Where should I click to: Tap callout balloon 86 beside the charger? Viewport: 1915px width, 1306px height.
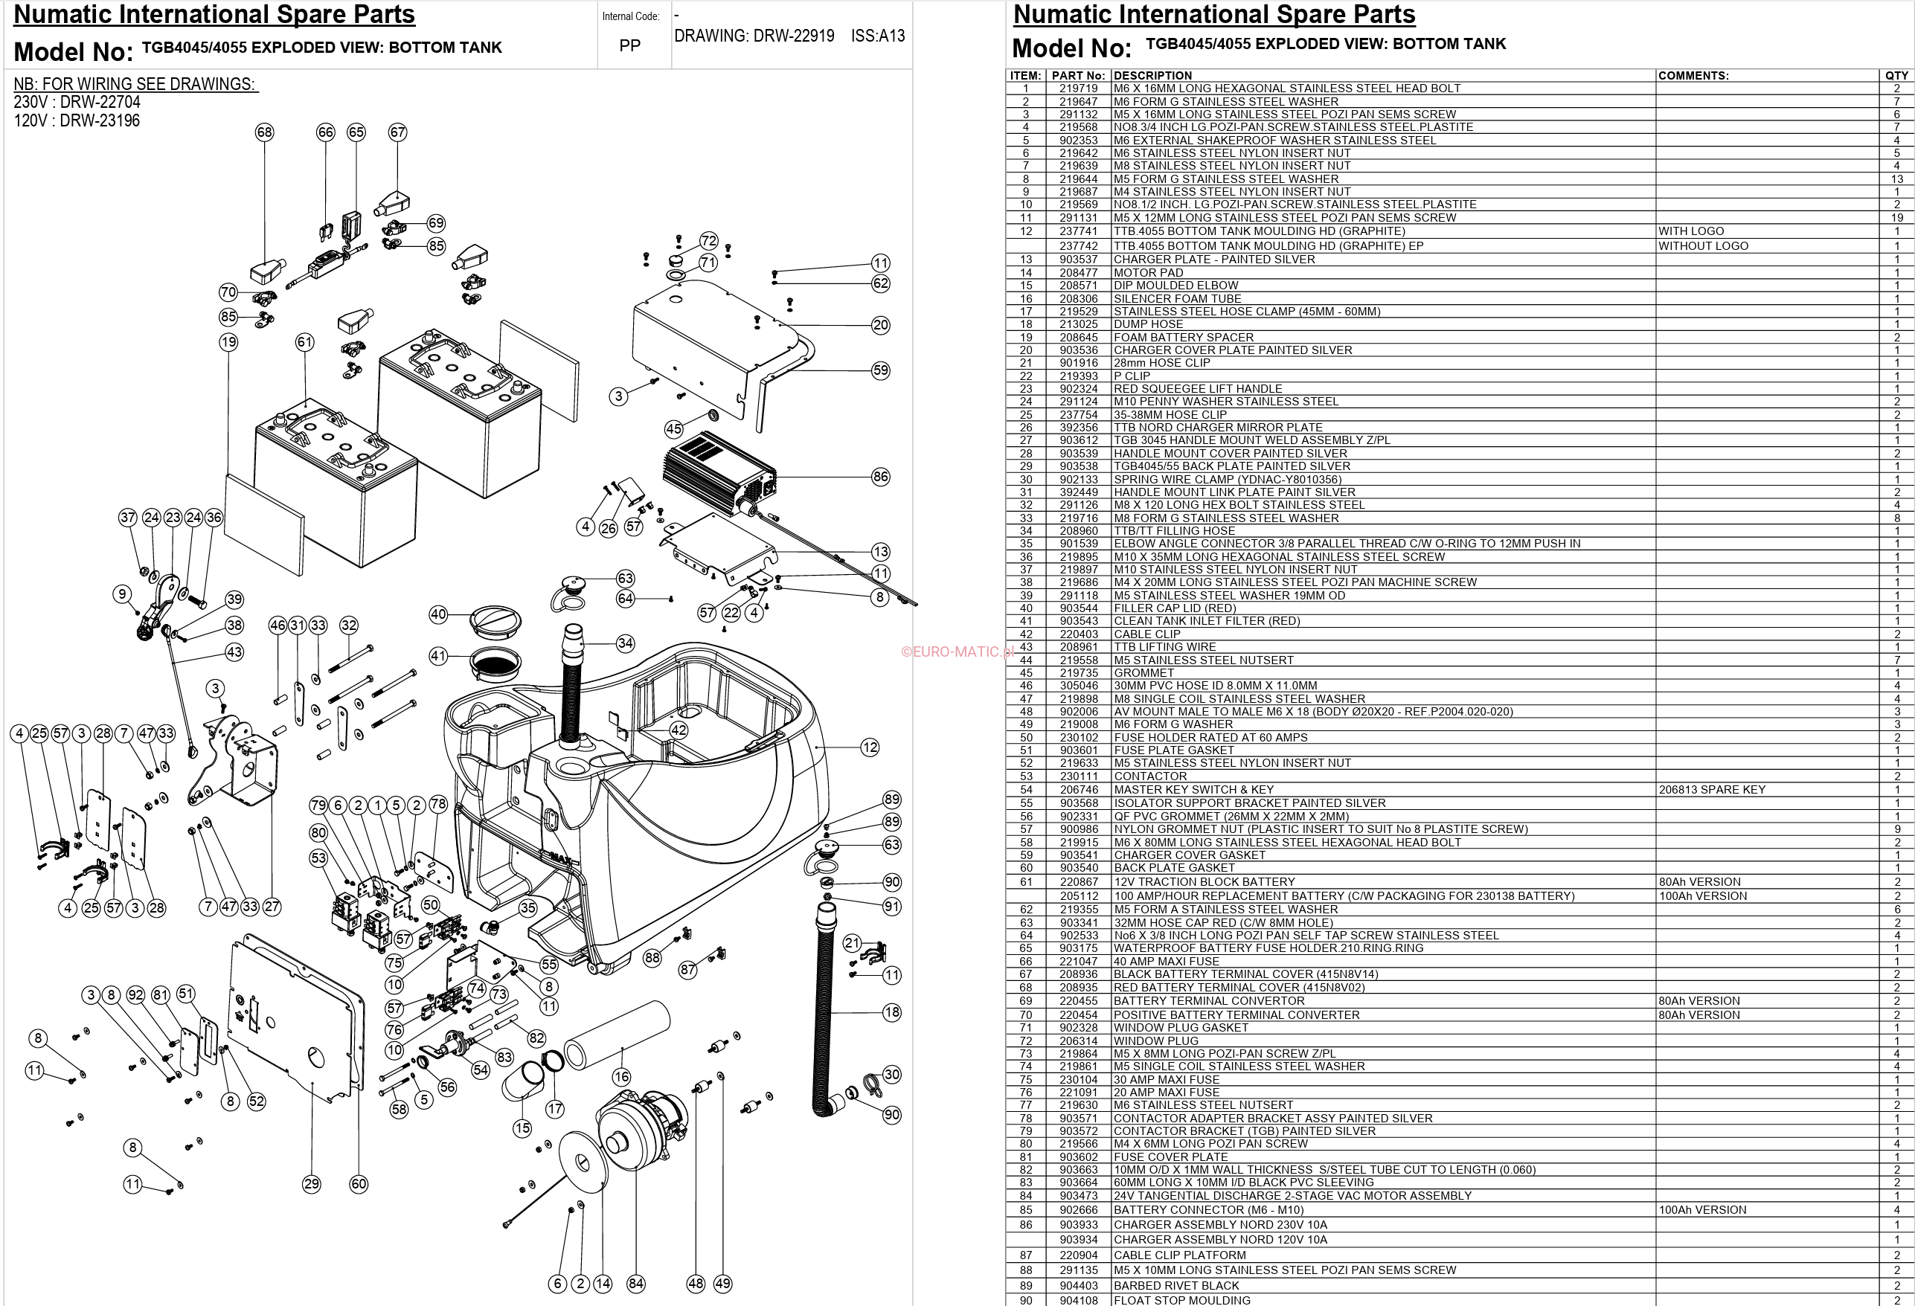[x=880, y=476]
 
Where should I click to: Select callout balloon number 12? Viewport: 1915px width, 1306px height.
[x=869, y=747]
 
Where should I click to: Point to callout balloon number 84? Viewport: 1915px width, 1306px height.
[x=635, y=1283]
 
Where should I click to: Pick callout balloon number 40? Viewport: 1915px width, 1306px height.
[x=438, y=614]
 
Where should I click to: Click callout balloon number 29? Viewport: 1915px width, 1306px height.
[x=311, y=1184]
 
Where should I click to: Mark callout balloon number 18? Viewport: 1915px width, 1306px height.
[x=891, y=1011]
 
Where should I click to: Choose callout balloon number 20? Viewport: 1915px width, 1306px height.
[x=880, y=325]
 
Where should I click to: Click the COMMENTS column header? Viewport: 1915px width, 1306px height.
[x=1693, y=76]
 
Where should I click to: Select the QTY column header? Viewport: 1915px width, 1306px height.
[x=1896, y=76]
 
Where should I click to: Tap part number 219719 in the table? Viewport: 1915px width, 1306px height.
[x=1078, y=89]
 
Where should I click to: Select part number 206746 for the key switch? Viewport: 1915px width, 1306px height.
[x=1078, y=789]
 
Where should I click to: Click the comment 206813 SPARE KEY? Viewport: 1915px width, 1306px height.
[x=1711, y=789]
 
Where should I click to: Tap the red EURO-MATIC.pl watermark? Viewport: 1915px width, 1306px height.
[x=956, y=652]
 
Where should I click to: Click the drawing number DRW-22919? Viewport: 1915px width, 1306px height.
[x=754, y=36]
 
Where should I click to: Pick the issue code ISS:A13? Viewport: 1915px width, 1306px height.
[x=878, y=36]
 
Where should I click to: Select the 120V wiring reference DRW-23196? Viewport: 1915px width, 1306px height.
[x=77, y=120]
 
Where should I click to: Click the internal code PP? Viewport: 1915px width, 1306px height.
[x=629, y=46]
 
